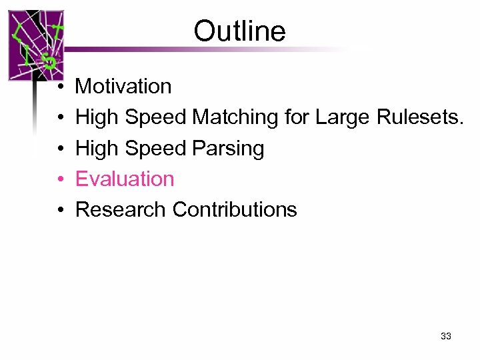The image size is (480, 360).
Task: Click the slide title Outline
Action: tap(239, 31)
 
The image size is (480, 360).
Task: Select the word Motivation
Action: tap(123, 86)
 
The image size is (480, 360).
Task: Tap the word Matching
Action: tap(235, 117)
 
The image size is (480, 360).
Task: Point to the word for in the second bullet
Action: tap(297, 117)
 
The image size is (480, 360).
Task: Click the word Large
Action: tap(343, 117)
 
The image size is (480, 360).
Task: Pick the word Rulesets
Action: tap(419, 117)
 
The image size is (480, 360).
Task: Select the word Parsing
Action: tap(229, 148)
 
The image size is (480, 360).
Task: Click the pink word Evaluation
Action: tap(125, 179)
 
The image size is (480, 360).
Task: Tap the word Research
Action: tap(121, 209)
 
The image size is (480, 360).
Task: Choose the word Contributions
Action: tap(235, 209)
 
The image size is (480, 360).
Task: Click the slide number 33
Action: tap(446, 336)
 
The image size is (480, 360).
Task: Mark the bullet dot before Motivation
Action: tap(60, 87)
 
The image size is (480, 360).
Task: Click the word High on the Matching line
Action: tap(97, 117)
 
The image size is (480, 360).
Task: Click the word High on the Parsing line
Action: tap(97, 148)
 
